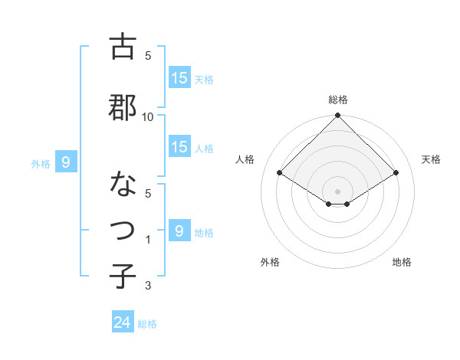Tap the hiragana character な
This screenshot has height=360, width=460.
pos(123,185)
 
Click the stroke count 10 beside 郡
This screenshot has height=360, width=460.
pos(148,116)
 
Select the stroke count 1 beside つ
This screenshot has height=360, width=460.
pos(148,240)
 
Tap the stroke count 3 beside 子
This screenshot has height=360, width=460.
pos(148,286)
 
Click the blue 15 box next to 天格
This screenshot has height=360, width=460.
pos(179,78)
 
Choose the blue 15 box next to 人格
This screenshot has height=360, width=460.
pos(179,147)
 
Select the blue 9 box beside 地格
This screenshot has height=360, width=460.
pos(179,231)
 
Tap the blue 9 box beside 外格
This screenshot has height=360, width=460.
pos(66,162)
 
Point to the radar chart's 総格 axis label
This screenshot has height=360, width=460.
pos(338,100)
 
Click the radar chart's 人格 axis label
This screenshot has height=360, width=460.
pos(245,159)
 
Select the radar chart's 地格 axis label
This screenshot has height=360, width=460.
pos(402,262)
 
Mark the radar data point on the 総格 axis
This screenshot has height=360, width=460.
pos(338,116)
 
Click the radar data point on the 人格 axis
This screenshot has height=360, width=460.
pos(280,172)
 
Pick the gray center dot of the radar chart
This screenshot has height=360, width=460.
pos(338,191)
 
